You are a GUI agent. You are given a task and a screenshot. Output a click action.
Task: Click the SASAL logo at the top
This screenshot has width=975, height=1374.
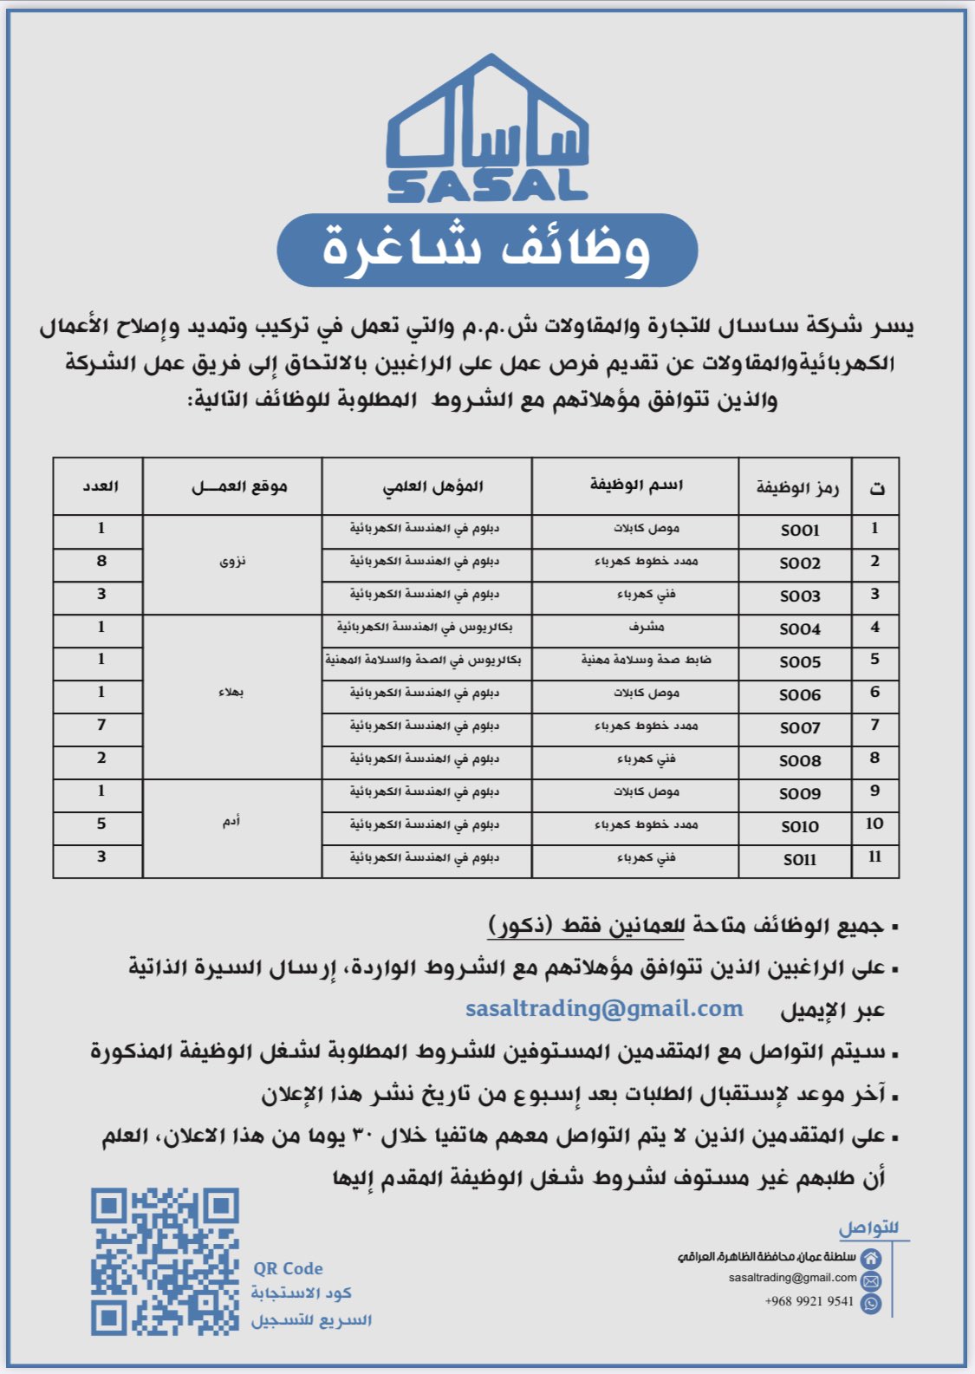click(487, 130)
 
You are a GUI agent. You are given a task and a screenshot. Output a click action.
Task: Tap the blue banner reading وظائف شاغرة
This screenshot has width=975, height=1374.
click(487, 250)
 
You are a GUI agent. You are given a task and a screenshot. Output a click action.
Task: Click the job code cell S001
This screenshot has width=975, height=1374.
click(799, 530)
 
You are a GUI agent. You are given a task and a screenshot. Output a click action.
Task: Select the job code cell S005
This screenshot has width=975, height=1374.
click(799, 662)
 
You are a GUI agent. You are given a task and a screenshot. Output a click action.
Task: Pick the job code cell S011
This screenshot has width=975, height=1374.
click(799, 860)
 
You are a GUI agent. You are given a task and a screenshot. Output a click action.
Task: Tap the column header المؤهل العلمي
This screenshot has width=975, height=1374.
click(432, 487)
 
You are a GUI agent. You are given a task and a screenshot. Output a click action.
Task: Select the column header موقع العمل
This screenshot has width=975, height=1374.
click(239, 487)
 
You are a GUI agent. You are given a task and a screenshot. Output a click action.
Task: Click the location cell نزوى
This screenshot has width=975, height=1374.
click(232, 562)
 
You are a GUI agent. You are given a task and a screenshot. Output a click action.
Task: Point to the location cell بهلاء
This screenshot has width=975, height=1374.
click(231, 693)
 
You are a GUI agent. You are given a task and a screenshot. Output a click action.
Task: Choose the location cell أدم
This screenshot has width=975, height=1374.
click(231, 821)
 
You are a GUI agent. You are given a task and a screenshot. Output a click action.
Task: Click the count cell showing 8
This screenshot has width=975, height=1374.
click(101, 562)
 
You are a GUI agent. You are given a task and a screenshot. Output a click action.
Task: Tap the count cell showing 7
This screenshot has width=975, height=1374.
click(101, 725)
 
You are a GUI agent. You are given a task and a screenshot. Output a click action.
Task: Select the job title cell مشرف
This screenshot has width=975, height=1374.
click(646, 627)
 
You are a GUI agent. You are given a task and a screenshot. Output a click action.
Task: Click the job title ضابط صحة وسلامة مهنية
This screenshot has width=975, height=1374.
click(646, 660)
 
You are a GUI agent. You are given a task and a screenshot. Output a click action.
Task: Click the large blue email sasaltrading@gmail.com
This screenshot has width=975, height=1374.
click(604, 1009)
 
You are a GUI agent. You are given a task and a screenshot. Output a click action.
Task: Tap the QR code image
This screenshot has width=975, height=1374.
click(165, 1261)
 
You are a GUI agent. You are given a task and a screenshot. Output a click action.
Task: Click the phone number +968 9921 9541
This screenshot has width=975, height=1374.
click(809, 1301)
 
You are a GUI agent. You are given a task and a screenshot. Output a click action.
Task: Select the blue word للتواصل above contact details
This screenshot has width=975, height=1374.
click(868, 1228)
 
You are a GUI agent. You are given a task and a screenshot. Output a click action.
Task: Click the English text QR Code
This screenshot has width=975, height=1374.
click(288, 1268)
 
